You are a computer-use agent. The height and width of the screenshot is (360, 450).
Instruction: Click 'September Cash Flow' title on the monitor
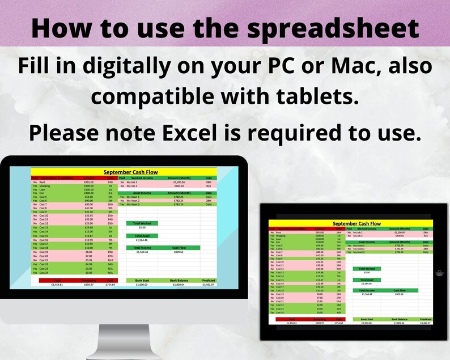click(130, 172)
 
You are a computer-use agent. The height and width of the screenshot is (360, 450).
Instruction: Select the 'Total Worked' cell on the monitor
click(142, 223)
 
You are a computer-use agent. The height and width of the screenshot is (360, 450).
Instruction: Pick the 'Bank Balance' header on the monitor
click(179, 279)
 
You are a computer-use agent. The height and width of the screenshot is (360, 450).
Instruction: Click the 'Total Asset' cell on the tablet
click(367, 279)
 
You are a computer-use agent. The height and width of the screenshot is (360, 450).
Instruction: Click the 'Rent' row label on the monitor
click(42, 183)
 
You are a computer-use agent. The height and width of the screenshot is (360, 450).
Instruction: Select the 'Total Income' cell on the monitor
click(142, 248)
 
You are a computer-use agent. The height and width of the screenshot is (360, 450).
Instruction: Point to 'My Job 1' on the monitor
click(133, 183)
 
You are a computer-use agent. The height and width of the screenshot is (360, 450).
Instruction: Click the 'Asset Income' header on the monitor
click(142, 193)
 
